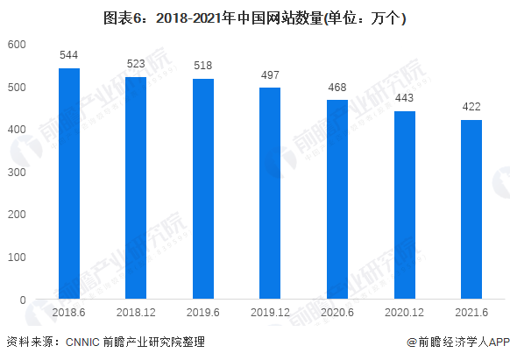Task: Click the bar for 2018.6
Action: [x=69, y=184]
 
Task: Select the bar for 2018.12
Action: [x=136, y=188]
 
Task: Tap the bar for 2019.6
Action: [x=203, y=189]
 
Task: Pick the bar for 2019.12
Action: [x=270, y=194]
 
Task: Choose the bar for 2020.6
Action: [x=337, y=200]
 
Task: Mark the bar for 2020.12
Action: [x=404, y=205]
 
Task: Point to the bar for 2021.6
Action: [x=471, y=209]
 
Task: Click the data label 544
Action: [x=69, y=55]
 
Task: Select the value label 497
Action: [x=270, y=75]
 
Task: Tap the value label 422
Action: [x=471, y=108]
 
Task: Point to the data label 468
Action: [x=337, y=88]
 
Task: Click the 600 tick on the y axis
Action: [x=17, y=45]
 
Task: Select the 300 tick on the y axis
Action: [x=17, y=173]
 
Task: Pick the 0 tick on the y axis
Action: [x=23, y=300]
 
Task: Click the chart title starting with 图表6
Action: [x=255, y=17]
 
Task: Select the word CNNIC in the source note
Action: [x=84, y=342]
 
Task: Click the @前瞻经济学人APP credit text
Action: [x=457, y=342]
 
